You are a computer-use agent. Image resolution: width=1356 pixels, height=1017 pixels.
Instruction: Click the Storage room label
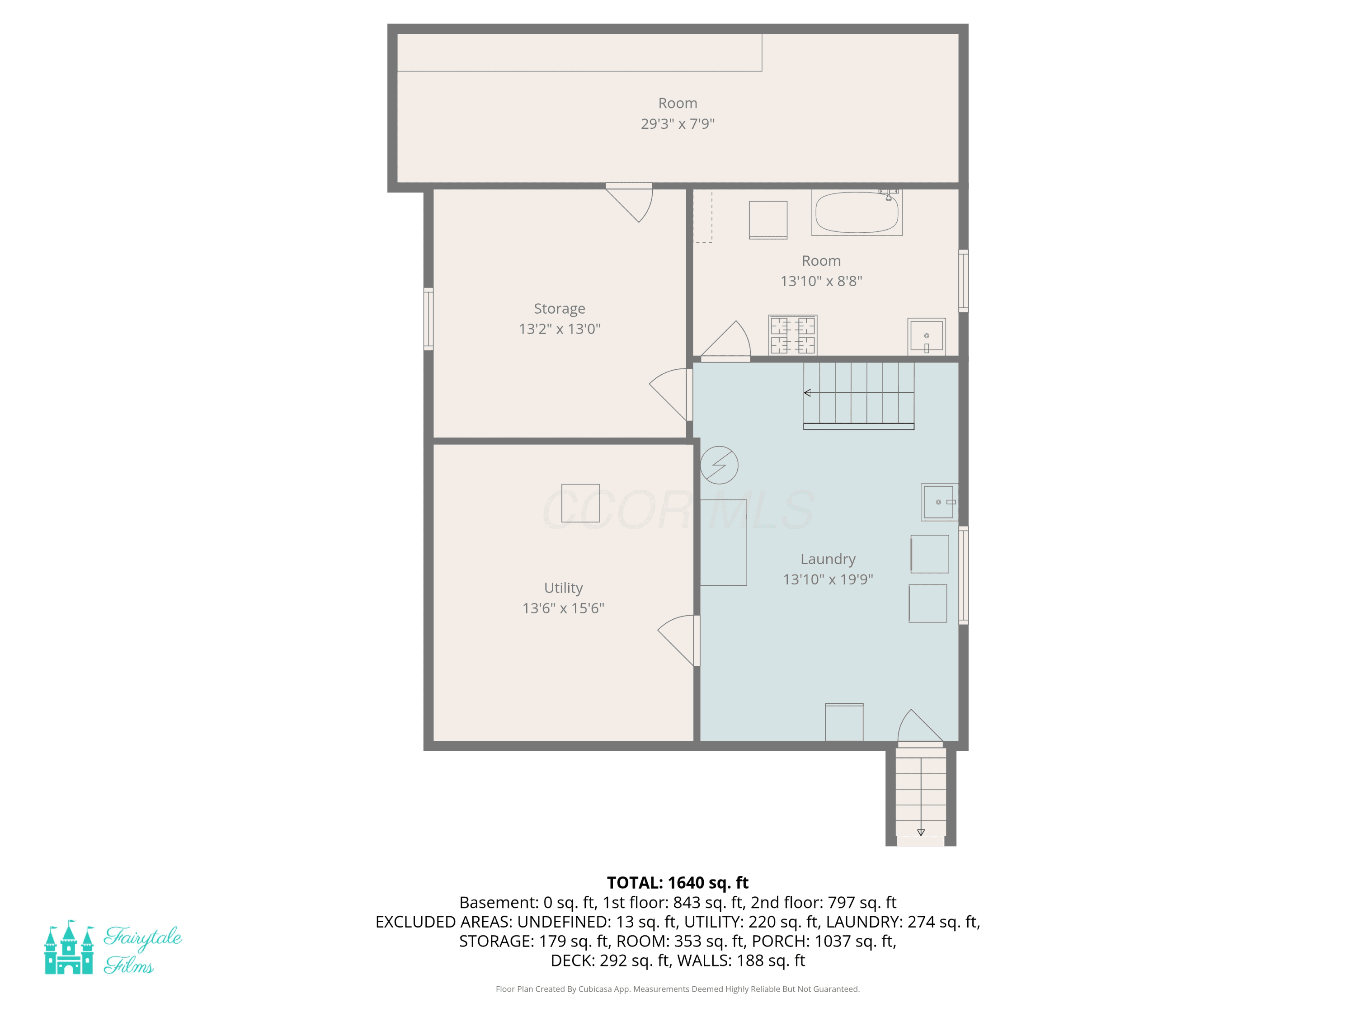point(559,308)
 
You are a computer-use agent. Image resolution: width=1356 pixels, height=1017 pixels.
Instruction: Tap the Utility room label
point(563,588)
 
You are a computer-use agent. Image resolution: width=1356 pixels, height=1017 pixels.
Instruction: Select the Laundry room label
point(828,559)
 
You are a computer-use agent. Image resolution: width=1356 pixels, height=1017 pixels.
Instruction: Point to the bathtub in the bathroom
point(857,212)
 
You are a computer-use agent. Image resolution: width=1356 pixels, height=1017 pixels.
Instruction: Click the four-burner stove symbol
point(793,335)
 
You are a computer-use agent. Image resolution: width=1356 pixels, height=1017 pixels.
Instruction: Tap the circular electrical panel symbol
point(719,465)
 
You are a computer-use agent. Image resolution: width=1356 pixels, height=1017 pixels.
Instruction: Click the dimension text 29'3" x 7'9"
point(678,124)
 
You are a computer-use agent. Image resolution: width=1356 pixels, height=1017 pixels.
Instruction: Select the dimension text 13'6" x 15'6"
point(563,608)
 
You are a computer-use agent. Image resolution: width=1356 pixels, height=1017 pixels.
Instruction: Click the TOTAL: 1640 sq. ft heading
point(678,883)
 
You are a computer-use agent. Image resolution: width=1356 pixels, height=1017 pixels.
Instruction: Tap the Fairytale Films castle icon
point(69,947)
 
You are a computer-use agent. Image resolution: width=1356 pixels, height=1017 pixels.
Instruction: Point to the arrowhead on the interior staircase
point(807,393)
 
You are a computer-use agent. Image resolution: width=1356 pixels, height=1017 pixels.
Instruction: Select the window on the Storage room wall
point(428,319)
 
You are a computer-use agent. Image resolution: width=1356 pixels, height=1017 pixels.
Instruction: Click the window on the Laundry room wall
point(964,575)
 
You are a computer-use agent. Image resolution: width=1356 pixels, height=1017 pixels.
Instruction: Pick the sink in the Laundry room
point(939,502)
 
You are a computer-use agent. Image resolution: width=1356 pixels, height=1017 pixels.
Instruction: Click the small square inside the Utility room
point(580,503)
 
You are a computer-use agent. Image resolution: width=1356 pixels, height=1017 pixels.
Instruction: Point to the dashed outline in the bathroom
point(702,217)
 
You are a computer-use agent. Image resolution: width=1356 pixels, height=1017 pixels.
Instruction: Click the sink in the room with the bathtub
point(926,336)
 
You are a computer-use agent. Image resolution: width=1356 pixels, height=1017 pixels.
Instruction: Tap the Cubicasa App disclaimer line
point(678,989)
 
